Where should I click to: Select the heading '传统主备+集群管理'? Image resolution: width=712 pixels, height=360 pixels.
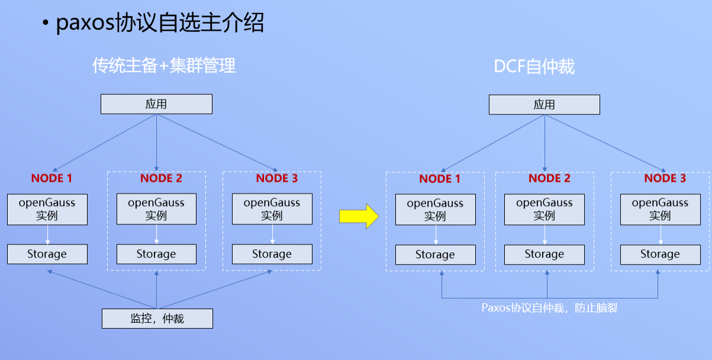click(164, 66)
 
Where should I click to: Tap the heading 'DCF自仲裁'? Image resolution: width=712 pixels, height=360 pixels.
click(534, 66)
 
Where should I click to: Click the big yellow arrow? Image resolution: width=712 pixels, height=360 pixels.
click(359, 216)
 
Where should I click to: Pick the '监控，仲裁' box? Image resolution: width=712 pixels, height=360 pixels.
click(157, 319)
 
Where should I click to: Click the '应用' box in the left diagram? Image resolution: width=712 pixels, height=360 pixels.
click(156, 104)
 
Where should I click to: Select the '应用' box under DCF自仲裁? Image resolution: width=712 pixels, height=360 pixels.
click(544, 105)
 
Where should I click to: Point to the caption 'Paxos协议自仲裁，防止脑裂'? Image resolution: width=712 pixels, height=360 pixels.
click(549, 308)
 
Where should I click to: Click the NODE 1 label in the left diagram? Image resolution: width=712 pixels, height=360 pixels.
click(51, 178)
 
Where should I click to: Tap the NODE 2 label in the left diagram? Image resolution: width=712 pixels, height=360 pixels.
click(161, 178)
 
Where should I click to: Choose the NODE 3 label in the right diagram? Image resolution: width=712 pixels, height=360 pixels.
click(665, 178)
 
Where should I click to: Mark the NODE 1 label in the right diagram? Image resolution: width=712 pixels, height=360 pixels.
click(440, 179)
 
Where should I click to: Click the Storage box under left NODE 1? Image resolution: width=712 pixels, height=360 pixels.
click(47, 254)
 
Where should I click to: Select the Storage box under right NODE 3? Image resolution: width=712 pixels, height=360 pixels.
click(660, 255)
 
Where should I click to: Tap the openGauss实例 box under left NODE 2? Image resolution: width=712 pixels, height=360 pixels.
click(156, 209)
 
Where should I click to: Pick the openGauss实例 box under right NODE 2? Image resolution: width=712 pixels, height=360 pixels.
click(544, 210)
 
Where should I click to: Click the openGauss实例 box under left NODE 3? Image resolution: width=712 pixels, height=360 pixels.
click(272, 209)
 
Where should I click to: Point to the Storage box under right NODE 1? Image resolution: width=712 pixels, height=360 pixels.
click(435, 255)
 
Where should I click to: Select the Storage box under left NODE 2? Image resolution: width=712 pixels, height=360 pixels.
click(156, 254)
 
